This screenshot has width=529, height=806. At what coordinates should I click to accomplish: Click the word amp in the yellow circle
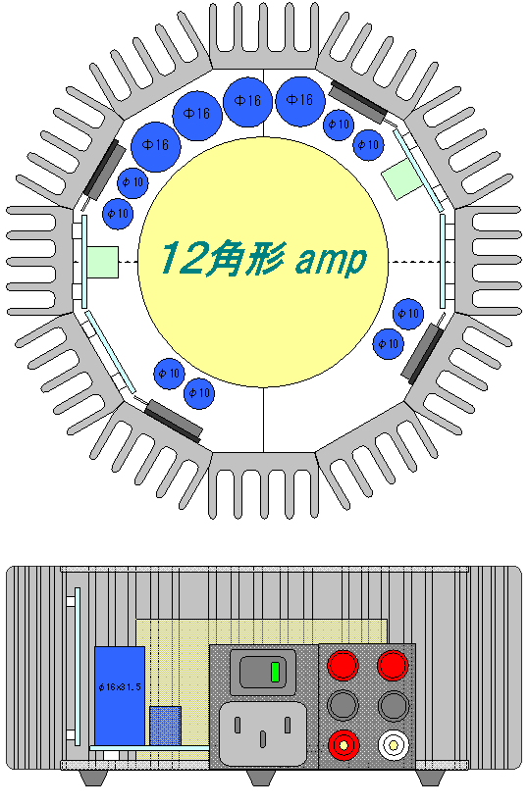coord(331,260)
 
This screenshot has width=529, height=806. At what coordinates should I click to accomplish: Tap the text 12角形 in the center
coord(220,258)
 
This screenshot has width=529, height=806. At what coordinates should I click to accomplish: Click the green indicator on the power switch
coord(276,672)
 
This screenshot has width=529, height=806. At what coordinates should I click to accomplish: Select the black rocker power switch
coord(262,672)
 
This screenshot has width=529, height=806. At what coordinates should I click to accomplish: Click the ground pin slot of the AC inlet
coord(263,739)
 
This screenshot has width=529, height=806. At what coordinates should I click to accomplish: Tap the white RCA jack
coord(394,744)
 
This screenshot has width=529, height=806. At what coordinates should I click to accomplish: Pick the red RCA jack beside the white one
coord(344,744)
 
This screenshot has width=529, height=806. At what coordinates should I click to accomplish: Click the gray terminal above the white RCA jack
coord(394,705)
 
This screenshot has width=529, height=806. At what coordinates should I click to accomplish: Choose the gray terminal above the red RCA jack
coord(344,705)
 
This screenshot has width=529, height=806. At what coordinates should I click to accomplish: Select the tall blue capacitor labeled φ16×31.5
coord(120,695)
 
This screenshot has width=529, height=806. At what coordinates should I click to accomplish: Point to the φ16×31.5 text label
coord(120,686)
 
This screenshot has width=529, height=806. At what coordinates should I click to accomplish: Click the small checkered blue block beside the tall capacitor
coord(165,726)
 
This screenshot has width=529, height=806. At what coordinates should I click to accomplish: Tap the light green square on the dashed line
coord(102,262)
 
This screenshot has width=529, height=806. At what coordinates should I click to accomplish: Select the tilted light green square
coord(402,177)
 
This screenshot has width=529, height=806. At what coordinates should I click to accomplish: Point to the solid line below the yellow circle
coord(263,420)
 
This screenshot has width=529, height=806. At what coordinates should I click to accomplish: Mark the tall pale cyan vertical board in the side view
coord(78,666)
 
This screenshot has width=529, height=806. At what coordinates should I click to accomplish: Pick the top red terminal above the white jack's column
coord(394,665)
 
